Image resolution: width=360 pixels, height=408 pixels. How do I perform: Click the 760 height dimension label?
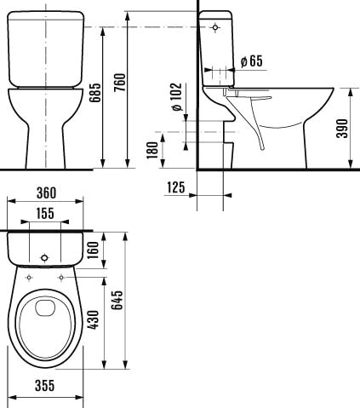[x=119, y=83]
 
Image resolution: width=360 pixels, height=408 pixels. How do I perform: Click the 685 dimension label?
[x=94, y=93]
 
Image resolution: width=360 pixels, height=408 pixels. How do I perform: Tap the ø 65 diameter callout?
[x=252, y=61]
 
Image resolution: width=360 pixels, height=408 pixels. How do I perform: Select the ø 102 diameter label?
[x=176, y=97]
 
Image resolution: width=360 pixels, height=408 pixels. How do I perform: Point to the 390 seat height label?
[x=341, y=129]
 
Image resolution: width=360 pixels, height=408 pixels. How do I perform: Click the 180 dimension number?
[x=152, y=150]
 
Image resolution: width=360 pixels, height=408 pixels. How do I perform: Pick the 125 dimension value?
[x=176, y=187]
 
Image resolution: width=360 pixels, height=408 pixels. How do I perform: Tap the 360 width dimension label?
[x=47, y=193]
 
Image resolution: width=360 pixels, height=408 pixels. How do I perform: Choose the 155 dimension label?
[x=45, y=213]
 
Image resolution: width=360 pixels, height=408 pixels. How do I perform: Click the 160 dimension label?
[x=93, y=250]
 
